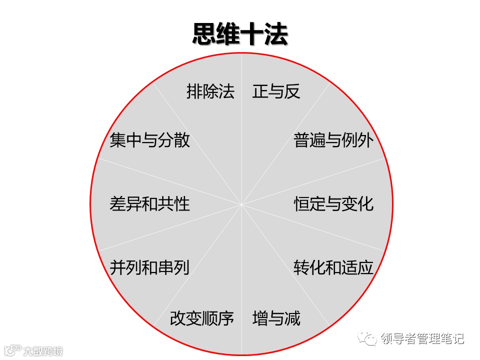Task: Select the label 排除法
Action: tap(210, 91)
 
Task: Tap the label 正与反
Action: tap(276, 91)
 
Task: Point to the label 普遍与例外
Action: tap(333, 140)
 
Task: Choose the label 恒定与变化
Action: tap(333, 204)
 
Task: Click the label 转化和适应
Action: tap(333, 267)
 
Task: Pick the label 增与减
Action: tap(276, 318)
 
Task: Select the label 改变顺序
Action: tap(202, 318)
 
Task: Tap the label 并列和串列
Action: tap(149, 267)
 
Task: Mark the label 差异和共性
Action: tap(149, 204)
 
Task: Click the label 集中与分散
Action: tap(149, 140)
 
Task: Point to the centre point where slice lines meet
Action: tap(241, 204)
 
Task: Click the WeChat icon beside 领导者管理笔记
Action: tap(370, 339)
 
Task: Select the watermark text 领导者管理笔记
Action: tap(422, 339)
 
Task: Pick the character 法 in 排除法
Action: tap(226, 91)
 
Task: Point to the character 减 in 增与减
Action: tap(292, 318)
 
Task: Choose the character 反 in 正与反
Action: tap(292, 91)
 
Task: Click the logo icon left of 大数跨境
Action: tap(13, 350)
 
